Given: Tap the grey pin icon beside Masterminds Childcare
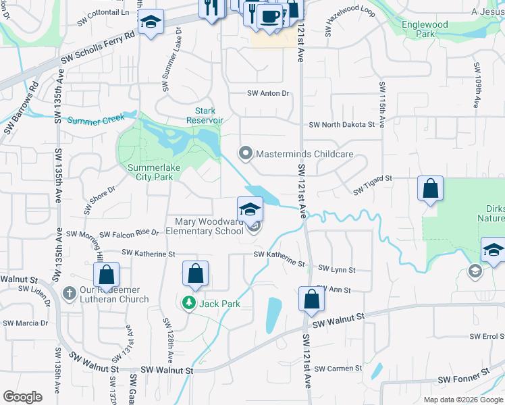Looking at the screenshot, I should pos(246,154).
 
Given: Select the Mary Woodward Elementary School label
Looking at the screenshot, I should pos(209,226).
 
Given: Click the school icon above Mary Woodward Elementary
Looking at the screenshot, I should pos(249,209).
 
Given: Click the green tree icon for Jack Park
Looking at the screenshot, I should pos(191,303).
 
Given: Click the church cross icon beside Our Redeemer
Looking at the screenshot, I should pos(68,294).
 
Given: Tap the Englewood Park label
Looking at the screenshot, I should pos(424,29).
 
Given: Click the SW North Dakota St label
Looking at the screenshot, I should pos(342,125).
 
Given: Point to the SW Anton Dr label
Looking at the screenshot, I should pos(268,93).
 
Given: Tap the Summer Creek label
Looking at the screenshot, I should pos(96,121).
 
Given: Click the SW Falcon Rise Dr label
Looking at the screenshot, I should pos(129,233).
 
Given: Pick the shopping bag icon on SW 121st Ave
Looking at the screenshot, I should pos(311,299).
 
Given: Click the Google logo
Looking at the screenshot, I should pos(23,397).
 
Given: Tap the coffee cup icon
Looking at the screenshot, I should pos(270,16).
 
